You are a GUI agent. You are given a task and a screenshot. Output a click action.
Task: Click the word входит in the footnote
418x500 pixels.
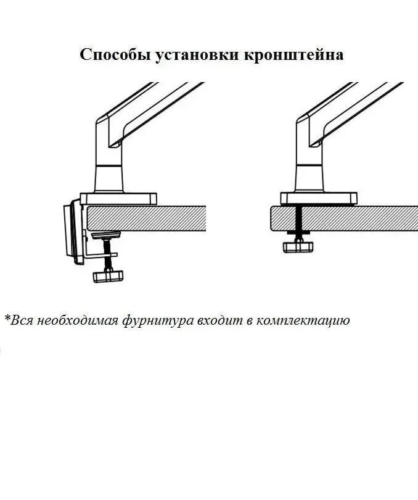point(217,321)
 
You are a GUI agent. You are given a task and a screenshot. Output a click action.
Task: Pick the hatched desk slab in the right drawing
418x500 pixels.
point(345,218)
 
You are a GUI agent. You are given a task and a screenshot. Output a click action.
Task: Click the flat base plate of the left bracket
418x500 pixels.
point(118,198)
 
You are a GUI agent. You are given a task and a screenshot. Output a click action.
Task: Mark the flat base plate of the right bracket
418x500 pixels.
point(319,198)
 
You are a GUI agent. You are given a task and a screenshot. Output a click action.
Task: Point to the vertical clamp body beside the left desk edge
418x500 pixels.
point(73,231)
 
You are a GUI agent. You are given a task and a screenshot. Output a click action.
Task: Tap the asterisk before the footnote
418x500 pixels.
point(7,319)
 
